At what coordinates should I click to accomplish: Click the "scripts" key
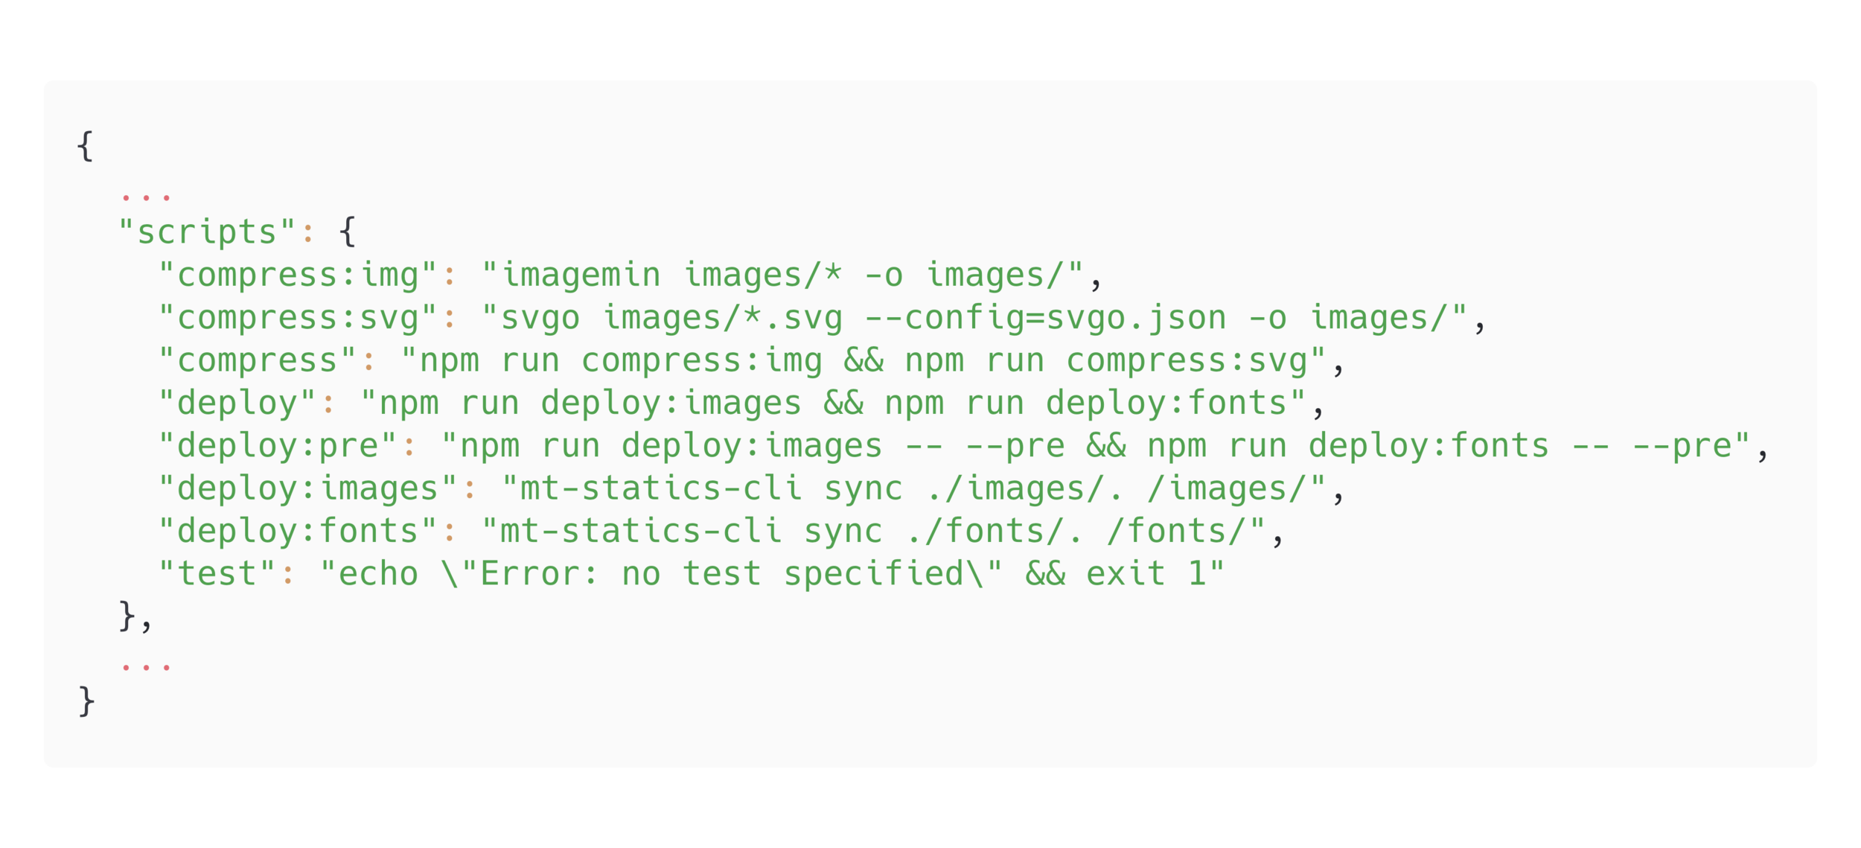207,232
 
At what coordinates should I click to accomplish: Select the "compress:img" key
298,275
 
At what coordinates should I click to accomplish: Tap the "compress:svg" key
298,318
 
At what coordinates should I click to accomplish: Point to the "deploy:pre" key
278,446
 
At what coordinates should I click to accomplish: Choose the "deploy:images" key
308,489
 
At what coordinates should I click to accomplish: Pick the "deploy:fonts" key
298,532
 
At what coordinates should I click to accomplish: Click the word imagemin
581,275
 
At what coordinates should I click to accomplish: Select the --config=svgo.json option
1045,318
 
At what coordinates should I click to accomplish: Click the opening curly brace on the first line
86,146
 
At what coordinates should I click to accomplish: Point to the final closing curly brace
86,701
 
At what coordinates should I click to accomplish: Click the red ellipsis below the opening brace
146,197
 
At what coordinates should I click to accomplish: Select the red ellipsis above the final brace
146,666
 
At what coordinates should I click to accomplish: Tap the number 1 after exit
1196,574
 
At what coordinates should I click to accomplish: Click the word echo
378,574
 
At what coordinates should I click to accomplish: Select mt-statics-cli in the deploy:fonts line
641,532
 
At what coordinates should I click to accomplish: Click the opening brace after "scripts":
348,232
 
